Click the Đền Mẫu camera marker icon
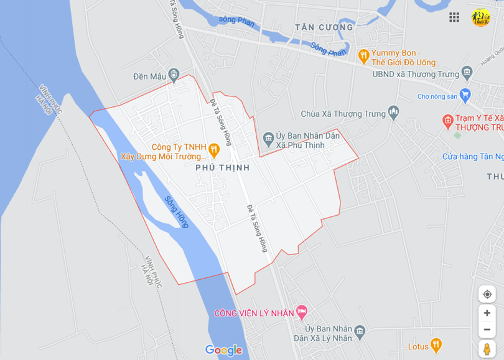[174, 76]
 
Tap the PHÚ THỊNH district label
[222, 168]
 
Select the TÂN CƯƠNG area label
[324, 27]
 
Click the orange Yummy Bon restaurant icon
[364, 56]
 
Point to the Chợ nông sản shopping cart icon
[465, 95]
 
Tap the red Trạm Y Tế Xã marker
[447, 119]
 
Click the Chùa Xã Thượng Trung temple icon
[393, 113]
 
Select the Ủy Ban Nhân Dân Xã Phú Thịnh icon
[269, 137]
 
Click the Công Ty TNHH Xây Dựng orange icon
[213, 149]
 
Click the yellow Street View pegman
[487, 349]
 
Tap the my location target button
[487, 294]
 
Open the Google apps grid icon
[454, 17]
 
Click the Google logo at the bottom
[223, 351]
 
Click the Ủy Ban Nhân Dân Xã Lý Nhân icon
[359, 330]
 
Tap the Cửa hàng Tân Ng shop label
[472, 157]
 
